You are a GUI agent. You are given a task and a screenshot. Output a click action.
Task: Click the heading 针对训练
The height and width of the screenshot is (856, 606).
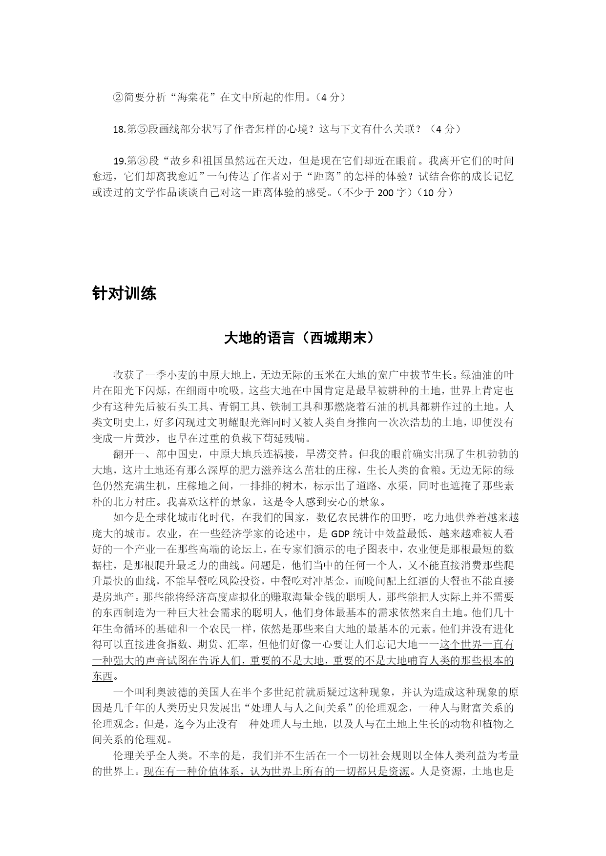[124, 294]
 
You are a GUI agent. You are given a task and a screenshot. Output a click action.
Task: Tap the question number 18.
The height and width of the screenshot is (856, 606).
[119, 129]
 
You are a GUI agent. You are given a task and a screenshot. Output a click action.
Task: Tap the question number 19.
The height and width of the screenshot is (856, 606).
[119, 162]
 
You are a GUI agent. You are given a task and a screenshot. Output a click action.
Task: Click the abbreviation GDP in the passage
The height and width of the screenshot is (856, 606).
[340, 533]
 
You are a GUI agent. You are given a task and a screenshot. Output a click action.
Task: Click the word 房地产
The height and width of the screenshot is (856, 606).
[118, 596]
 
